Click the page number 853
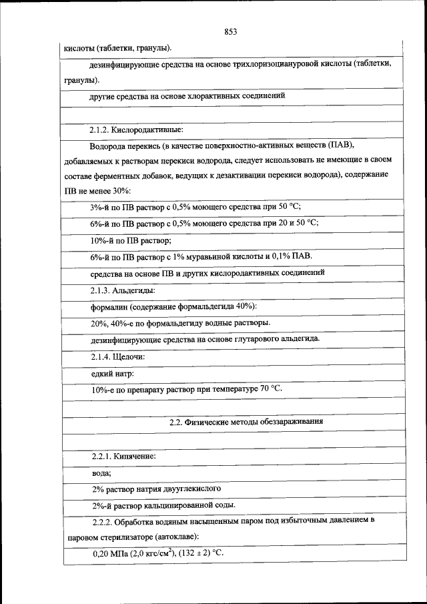[231, 31]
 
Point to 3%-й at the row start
[101, 206]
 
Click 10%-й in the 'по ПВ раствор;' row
[103, 240]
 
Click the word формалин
[109, 306]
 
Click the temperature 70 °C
[270, 388]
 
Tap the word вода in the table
[100, 473]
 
